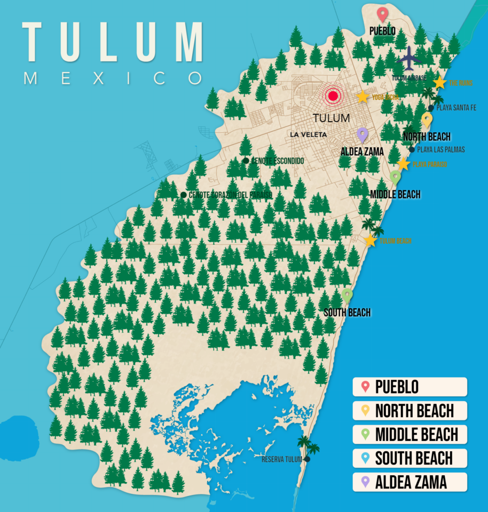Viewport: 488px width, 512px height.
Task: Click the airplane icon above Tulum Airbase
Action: coord(410,59)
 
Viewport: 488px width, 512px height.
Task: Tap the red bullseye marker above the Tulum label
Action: coord(333,96)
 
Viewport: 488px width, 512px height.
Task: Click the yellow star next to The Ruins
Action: coord(439,83)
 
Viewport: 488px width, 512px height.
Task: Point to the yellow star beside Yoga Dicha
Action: coord(363,97)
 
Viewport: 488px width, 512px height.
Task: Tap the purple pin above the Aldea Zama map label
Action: coord(363,135)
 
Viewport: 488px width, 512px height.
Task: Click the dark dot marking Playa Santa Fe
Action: coord(431,108)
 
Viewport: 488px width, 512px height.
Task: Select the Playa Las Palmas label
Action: coord(440,150)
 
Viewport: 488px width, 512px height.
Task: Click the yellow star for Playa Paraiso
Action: coord(404,164)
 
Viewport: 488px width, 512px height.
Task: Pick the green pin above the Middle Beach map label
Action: coord(395,177)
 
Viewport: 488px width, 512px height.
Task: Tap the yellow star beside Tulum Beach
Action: coord(370,241)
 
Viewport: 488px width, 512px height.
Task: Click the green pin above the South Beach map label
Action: coord(347,295)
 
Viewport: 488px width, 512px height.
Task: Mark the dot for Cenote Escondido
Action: coord(246,161)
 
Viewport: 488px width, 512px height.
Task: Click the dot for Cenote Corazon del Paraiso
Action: coord(184,195)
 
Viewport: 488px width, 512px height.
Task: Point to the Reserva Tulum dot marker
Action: coord(307,459)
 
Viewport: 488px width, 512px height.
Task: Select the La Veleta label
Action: coord(308,135)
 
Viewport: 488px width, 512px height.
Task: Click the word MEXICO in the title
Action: coord(113,78)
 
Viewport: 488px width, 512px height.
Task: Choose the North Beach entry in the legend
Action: coord(410,411)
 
